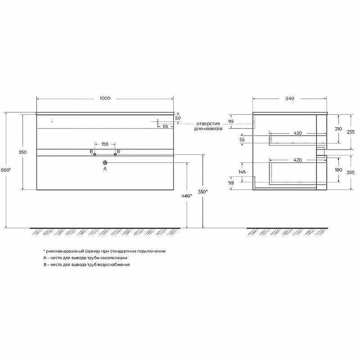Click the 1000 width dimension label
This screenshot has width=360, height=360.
[105, 98]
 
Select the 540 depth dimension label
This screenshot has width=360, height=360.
[289, 98]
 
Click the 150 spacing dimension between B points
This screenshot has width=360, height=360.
[104, 144]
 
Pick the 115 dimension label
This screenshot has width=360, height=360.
[165, 127]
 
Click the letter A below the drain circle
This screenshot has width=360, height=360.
[105, 169]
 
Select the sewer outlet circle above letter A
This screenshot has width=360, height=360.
[105, 162]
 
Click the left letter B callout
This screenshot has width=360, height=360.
[91, 151]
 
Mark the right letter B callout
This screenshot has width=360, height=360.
[118, 151]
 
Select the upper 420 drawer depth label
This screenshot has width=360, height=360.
[297, 133]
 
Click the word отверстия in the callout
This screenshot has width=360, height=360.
[207, 123]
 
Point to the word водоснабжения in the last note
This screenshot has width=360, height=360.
[115, 265]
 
